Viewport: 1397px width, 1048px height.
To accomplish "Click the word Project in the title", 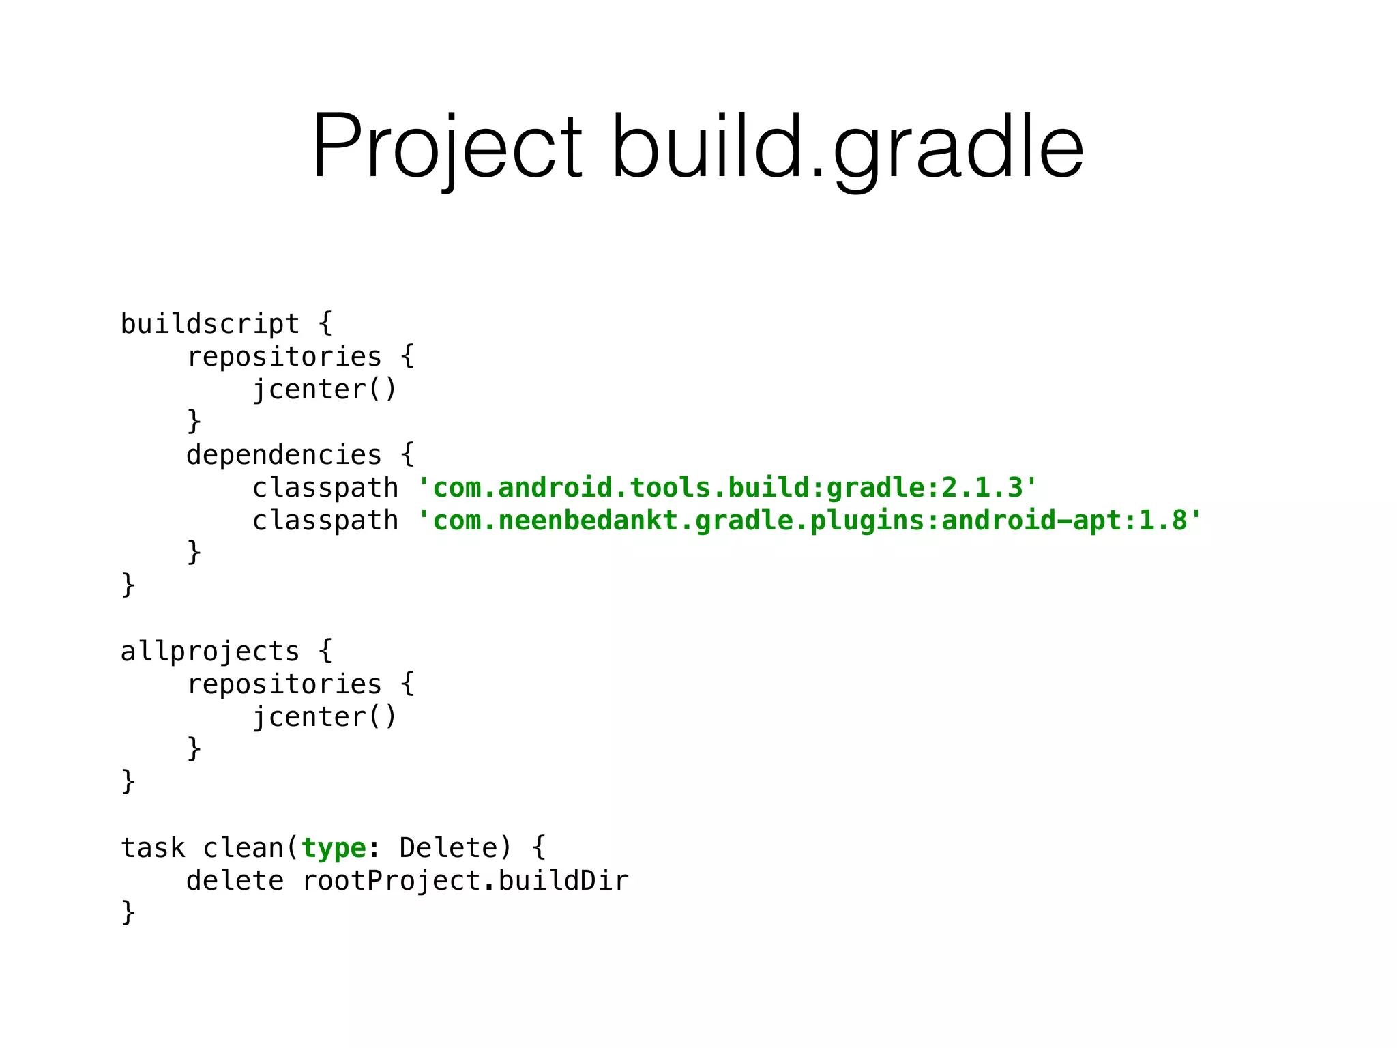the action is click(x=447, y=147).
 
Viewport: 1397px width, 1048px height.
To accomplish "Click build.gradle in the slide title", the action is click(x=847, y=147).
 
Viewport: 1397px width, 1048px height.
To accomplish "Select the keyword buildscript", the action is click(x=210, y=324).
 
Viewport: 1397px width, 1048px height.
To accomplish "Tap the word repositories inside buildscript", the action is click(x=284, y=357).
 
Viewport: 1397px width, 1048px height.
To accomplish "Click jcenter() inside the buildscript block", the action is click(x=325, y=390).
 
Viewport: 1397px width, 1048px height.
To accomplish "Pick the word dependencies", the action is click(x=284, y=455).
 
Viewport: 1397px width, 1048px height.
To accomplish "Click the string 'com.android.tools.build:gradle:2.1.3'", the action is click(x=727, y=488).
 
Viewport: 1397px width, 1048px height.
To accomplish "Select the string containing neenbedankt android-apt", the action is click(x=810, y=521).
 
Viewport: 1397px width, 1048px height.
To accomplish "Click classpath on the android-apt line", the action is click(x=325, y=521).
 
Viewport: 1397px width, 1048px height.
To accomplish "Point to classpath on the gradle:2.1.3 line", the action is click(x=325, y=488).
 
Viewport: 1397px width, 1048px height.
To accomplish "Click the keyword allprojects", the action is click(x=210, y=652).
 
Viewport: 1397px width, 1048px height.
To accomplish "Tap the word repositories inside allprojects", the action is click(x=284, y=684).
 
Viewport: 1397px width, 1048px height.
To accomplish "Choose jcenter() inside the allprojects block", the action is click(x=325, y=717).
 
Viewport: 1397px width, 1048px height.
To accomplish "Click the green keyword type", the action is click(x=334, y=848).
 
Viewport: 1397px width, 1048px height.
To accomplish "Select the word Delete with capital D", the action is click(x=449, y=848).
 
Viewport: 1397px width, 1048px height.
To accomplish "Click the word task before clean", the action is click(x=153, y=848).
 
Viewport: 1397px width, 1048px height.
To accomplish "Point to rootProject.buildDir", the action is click(x=465, y=881).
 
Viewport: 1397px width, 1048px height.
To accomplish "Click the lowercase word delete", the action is click(x=235, y=881).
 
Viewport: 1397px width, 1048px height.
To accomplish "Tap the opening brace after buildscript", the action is click(x=326, y=323).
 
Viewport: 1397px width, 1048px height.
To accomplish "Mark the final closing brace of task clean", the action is click(x=128, y=912).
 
